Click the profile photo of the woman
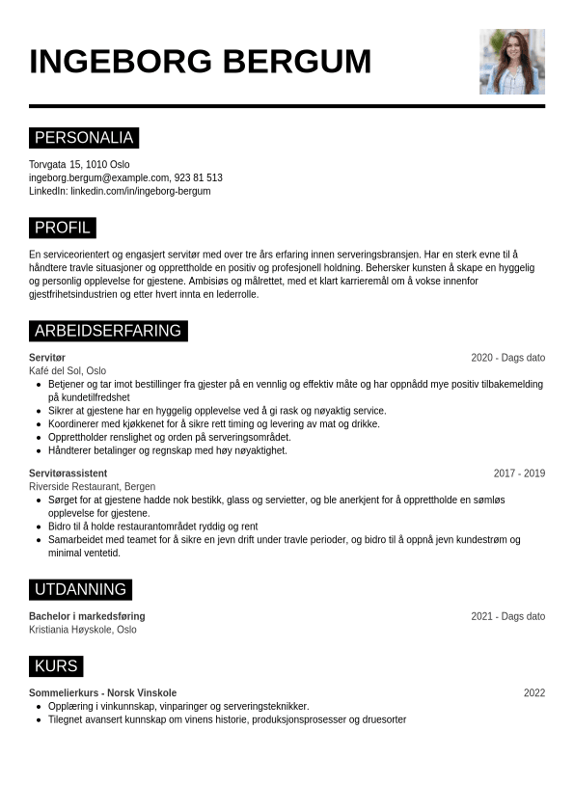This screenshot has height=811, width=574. [511, 62]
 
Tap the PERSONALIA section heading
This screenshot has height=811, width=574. [84, 138]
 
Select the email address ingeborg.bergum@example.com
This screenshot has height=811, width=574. [98, 177]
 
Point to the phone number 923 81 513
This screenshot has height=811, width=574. [198, 177]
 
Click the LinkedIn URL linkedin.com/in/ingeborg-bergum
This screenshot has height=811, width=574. [140, 191]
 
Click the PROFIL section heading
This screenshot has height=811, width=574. [63, 228]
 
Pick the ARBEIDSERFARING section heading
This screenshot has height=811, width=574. [108, 331]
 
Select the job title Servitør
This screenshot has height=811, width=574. [47, 358]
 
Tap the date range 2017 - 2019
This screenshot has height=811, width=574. [519, 473]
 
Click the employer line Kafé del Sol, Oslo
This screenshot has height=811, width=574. [68, 370]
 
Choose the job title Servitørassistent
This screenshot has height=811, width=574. [68, 473]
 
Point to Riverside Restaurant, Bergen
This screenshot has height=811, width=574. [92, 487]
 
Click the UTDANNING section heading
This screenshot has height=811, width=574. [80, 589]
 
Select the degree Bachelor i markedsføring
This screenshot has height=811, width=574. [87, 616]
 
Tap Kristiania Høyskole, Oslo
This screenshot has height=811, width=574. [83, 630]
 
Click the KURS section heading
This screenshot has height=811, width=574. [56, 666]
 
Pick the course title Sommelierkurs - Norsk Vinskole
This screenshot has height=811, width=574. [102, 693]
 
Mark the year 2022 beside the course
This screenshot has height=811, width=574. [534, 693]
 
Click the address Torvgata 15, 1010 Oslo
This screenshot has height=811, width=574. [79, 164]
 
